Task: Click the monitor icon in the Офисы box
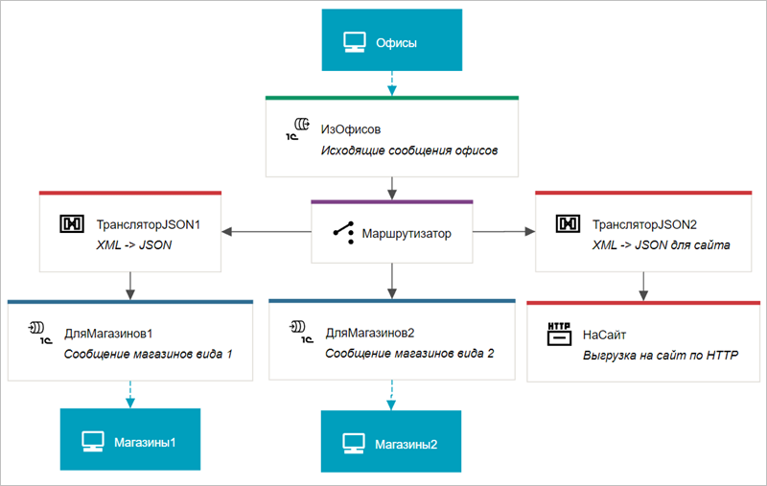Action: click(x=355, y=43)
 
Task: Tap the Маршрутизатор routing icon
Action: click(x=337, y=232)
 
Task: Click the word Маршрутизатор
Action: click(x=406, y=232)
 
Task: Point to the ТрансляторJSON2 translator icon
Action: click(x=569, y=224)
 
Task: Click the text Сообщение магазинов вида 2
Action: click(x=409, y=354)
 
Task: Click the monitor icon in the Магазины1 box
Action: click(x=93, y=442)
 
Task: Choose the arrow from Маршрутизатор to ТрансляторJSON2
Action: click(x=504, y=231)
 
